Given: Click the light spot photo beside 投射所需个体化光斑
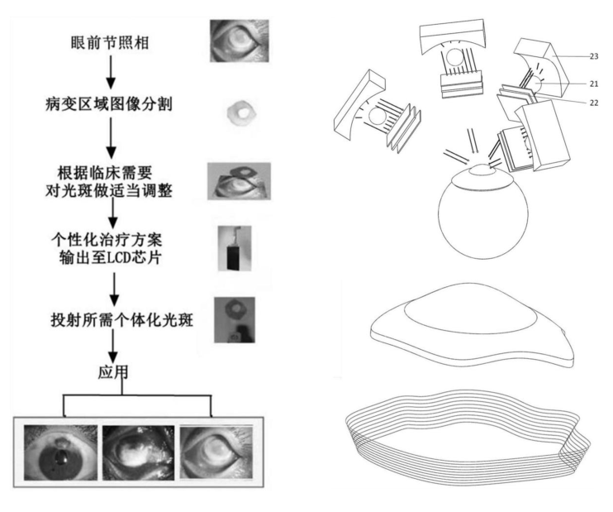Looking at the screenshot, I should (x=233, y=320).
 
